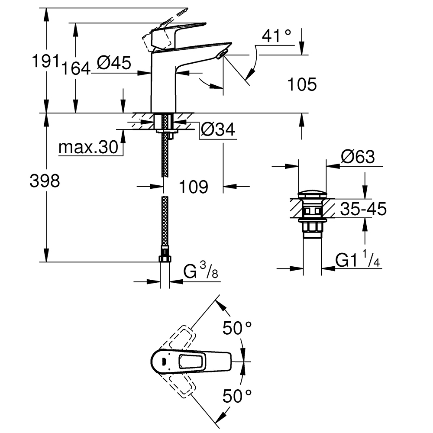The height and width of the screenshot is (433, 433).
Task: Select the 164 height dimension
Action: pyautogui.click(x=76, y=68)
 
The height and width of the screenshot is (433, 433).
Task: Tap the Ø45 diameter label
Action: pyautogui.click(x=114, y=63)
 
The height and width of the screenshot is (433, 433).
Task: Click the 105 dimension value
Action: pyautogui.click(x=302, y=84)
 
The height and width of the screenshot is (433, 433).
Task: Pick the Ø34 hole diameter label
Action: pyautogui.click(x=218, y=129)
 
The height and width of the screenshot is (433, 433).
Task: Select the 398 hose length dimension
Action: pyautogui.click(x=45, y=181)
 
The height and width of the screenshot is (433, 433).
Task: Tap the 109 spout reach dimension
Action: pyautogui.click(x=193, y=187)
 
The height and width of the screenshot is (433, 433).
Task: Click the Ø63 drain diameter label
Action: pyautogui.click(x=358, y=157)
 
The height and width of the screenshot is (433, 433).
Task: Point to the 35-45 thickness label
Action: pyautogui.click(x=363, y=209)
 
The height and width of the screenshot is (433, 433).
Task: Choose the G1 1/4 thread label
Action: pyautogui.click(x=358, y=259)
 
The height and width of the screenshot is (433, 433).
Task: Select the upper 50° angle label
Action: pyautogui.click(x=237, y=328)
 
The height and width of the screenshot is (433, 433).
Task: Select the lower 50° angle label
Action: pyautogui.click(x=237, y=396)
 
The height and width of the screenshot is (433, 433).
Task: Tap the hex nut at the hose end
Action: pyautogui.click(x=165, y=259)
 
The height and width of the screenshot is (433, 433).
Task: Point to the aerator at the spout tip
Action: pyautogui.click(x=222, y=54)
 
